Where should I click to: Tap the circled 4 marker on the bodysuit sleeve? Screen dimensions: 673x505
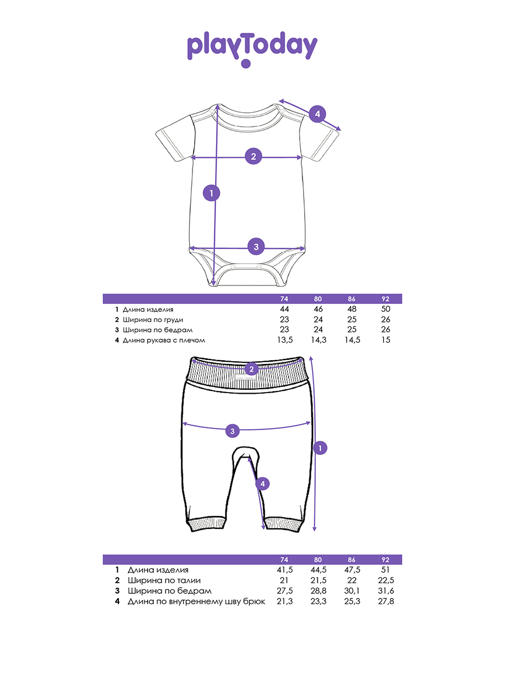pyautogui.click(x=317, y=114)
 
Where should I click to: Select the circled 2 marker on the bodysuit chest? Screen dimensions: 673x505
pyautogui.click(x=253, y=156)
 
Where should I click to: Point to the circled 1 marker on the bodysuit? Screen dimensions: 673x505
pyautogui.click(x=211, y=193)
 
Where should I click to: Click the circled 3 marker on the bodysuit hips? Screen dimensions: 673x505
pyautogui.click(x=256, y=246)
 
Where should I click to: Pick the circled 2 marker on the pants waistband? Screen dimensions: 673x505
pyautogui.click(x=252, y=368)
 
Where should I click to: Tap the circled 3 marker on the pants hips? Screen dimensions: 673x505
pyautogui.click(x=233, y=431)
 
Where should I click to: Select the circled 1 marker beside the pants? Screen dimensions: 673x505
pyautogui.click(x=320, y=448)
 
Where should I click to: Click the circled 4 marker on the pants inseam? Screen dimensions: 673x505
pyautogui.click(x=262, y=483)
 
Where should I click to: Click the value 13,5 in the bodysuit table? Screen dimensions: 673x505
pyautogui.click(x=284, y=340)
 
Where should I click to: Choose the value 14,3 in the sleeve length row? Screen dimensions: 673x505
pyautogui.click(x=318, y=340)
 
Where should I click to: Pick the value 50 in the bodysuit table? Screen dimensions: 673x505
pyautogui.click(x=385, y=309)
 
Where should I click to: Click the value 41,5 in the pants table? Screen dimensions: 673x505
pyautogui.click(x=284, y=570)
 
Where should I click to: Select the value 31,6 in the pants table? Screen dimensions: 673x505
pyautogui.click(x=385, y=591)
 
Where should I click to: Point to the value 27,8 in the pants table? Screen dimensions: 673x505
pyautogui.click(x=385, y=602)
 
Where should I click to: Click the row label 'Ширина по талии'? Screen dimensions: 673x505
pyautogui.click(x=164, y=580)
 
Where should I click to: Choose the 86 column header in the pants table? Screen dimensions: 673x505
pyautogui.click(x=352, y=560)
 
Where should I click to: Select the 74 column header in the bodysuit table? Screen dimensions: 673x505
pyautogui.click(x=284, y=299)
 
